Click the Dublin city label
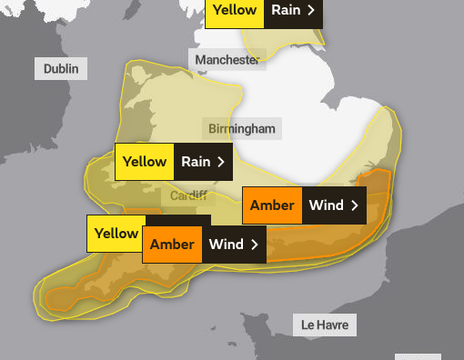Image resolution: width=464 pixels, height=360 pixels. (x=61, y=68)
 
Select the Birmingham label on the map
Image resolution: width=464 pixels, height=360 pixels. (x=241, y=128)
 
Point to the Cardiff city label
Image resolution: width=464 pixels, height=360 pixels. (x=188, y=195)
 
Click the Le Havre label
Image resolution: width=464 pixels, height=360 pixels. (x=324, y=325)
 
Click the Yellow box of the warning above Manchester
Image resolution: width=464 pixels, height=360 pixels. (x=235, y=11)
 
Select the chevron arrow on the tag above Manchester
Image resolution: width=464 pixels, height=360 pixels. (x=311, y=11)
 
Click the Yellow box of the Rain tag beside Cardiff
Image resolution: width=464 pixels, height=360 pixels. (x=144, y=162)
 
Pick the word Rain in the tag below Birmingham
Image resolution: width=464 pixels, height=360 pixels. (x=196, y=162)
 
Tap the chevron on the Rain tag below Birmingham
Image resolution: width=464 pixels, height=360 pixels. (x=221, y=162)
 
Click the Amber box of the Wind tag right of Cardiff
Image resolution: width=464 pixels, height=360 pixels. (x=272, y=205)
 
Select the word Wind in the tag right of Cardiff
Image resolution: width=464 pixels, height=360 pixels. (x=326, y=205)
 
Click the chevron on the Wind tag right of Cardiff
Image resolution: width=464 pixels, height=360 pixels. (x=354, y=205)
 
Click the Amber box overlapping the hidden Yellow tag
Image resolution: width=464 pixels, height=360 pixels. (x=172, y=245)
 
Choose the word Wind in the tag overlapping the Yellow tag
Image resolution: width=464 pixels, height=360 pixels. (x=226, y=245)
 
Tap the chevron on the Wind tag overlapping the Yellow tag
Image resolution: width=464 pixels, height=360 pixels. (x=255, y=245)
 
